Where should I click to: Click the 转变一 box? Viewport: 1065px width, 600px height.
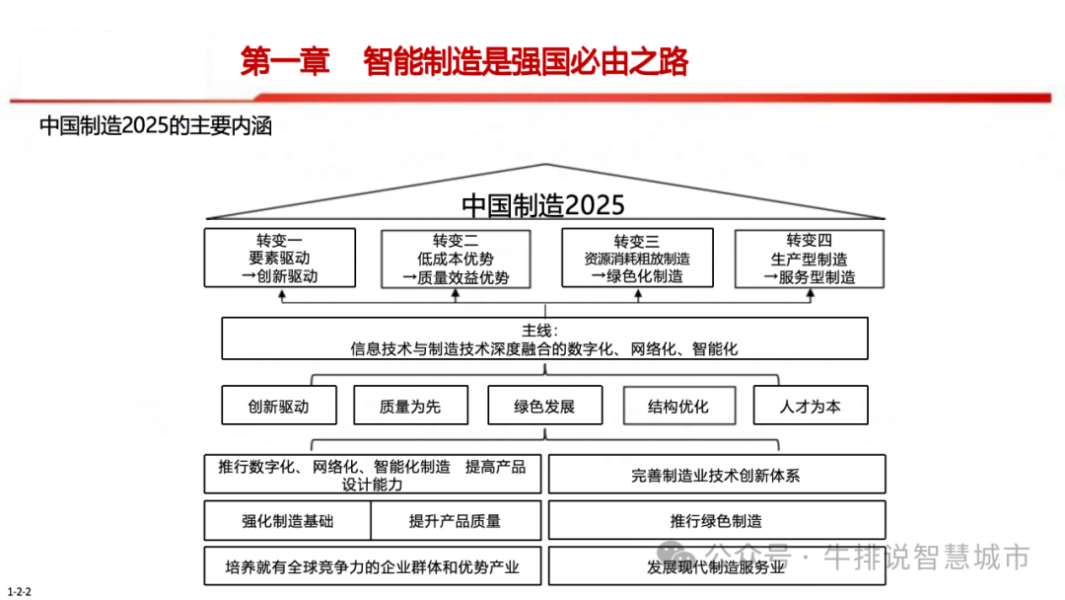tap(280, 259)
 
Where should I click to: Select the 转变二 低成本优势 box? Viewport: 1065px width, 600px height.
tap(456, 260)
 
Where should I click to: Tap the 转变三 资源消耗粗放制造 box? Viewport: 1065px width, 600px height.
tap(637, 259)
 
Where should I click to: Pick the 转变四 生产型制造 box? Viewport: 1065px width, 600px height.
tap(810, 259)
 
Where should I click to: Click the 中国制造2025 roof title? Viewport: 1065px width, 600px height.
tap(543, 205)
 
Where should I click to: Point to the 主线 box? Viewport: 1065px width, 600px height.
tap(544, 338)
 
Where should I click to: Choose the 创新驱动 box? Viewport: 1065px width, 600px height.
tap(279, 406)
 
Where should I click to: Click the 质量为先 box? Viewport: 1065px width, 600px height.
tap(410, 406)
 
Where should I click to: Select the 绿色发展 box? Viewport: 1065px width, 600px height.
tap(544, 406)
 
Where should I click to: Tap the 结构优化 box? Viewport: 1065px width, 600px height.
tap(678, 406)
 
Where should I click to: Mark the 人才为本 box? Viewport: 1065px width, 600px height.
tap(811, 406)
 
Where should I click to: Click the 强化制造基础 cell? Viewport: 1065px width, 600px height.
tap(288, 521)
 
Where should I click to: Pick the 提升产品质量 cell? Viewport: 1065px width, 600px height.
tap(456, 521)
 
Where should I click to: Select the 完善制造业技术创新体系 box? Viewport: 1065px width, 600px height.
tap(717, 475)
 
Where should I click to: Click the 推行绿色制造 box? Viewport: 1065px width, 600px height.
tap(717, 521)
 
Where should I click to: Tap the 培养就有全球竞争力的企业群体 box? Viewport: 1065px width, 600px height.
tap(373, 566)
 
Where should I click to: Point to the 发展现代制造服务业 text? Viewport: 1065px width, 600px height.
tap(717, 566)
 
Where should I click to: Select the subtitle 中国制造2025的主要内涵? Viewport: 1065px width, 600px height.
tap(156, 126)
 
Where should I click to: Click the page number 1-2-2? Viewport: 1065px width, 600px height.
tap(20, 591)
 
